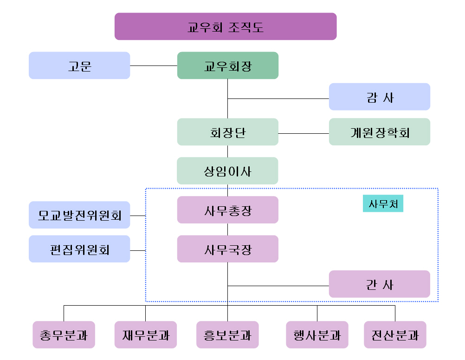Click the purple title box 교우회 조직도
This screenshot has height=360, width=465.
pyautogui.click(x=226, y=26)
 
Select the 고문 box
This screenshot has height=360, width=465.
pyautogui.click(x=79, y=65)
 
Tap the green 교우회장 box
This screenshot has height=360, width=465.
pyautogui.click(x=228, y=65)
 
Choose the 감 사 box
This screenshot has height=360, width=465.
pyautogui.click(x=380, y=97)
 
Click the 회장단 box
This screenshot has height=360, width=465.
pyautogui.click(x=228, y=132)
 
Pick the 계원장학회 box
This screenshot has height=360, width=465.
pyautogui.click(x=380, y=132)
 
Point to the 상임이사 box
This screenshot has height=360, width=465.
pyautogui.click(x=228, y=171)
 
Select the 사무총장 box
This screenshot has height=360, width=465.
pyautogui.click(x=228, y=210)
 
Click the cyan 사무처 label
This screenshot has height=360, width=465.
pyautogui.click(x=383, y=203)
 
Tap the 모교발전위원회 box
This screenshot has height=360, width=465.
pyautogui.click(x=79, y=215)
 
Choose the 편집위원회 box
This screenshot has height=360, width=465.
pyautogui.click(x=79, y=249)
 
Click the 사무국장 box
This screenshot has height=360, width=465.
pyautogui.click(x=228, y=249)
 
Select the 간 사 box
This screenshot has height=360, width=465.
pyautogui.click(x=380, y=284)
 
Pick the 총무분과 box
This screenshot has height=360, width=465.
pyautogui.click(x=64, y=334)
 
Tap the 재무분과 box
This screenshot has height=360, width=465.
pyautogui.click(x=146, y=334)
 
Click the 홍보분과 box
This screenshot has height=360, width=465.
pyautogui.click(x=227, y=334)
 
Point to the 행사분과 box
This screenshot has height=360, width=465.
pyautogui.click(x=317, y=334)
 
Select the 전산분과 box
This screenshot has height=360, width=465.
pyautogui.click(x=395, y=334)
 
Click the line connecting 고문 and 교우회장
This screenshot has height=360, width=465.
pyautogui.click(x=154, y=65)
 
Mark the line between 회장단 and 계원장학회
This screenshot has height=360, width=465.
pyautogui.click(x=304, y=133)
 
